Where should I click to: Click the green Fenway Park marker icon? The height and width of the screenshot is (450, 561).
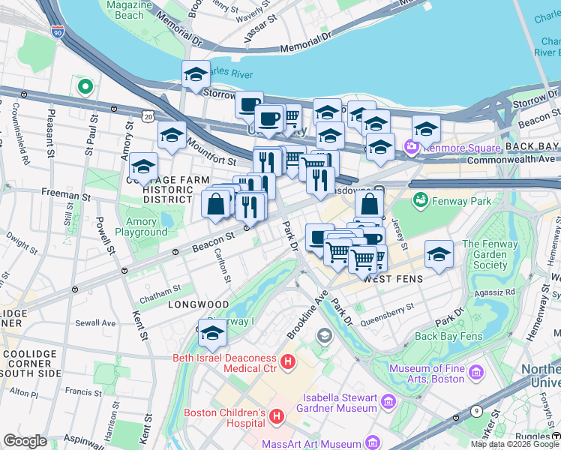click(421, 201)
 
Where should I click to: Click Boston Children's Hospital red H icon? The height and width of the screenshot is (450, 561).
click(277, 415)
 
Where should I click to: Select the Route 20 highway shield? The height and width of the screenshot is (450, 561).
click(148, 117)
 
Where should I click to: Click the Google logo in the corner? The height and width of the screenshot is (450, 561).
click(25, 440)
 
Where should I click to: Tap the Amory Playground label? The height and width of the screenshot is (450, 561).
click(136, 226)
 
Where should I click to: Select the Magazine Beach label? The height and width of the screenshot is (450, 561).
click(125, 10)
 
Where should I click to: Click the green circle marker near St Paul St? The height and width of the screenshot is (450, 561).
click(85, 88)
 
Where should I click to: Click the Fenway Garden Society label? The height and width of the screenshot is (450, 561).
click(495, 254)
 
